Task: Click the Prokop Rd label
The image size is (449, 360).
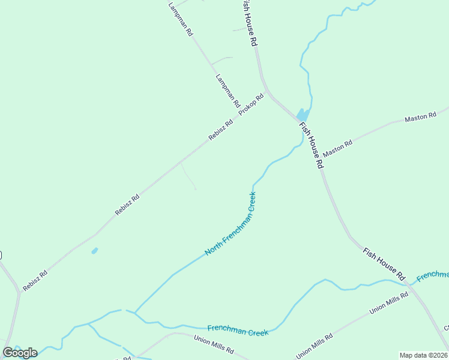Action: coord(251,105)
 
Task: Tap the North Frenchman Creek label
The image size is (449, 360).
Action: coord(231,224)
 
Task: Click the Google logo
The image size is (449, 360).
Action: coord(20,353)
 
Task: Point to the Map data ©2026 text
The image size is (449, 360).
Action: coord(423,355)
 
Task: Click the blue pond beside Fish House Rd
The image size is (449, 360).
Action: coord(303,114)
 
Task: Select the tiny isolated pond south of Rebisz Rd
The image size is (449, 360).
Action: coord(94,251)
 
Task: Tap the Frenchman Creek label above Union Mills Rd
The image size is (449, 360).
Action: coord(237,330)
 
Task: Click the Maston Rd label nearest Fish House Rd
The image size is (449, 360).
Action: coord(337,148)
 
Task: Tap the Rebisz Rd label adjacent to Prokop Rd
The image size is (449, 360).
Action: coord(220,130)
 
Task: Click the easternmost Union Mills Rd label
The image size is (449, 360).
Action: coord(389,302)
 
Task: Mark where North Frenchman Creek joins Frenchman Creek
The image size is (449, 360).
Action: coord(135,312)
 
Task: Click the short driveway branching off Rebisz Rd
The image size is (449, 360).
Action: coord(188,177)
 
